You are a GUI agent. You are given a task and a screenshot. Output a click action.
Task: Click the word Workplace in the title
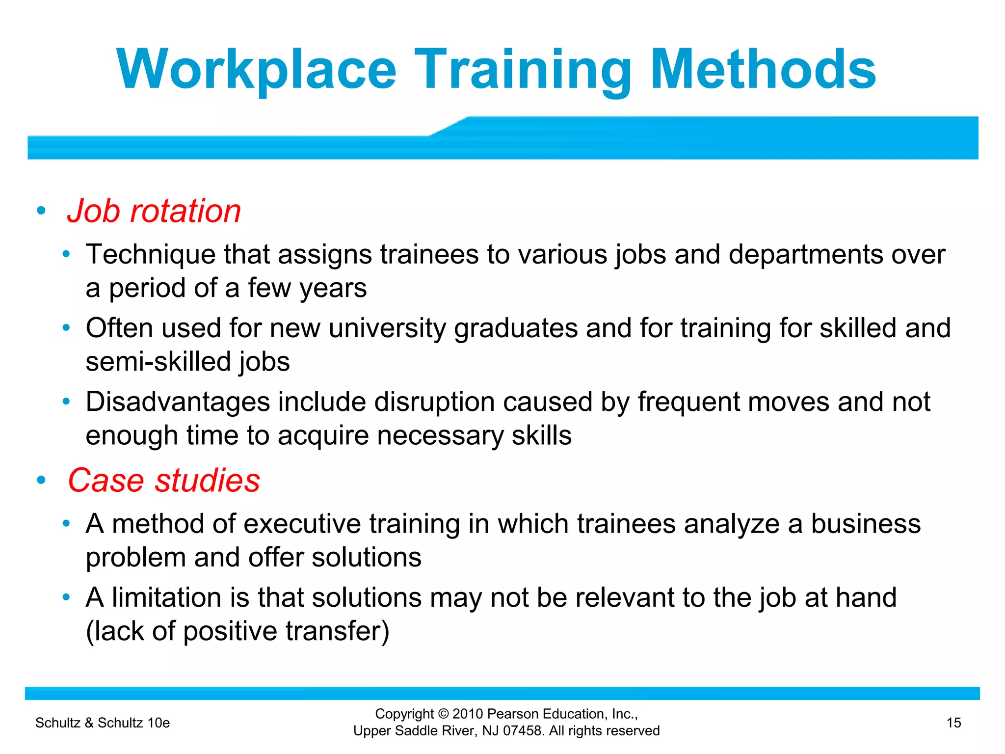click(256, 70)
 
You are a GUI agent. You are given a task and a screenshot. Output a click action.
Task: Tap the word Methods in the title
click(764, 70)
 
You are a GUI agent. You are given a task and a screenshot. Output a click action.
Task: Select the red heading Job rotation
click(154, 211)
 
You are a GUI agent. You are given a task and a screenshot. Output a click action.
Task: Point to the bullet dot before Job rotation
click(41, 211)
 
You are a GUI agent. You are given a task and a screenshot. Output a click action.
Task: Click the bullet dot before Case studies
click(41, 480)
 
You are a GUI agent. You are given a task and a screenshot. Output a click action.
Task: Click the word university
click(387, 328)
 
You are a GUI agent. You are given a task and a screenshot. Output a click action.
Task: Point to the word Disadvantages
click(178, 402)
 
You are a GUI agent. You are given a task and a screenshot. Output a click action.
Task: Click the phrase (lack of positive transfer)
click(238, 631)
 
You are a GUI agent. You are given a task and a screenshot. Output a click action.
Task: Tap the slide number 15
click(953, 723)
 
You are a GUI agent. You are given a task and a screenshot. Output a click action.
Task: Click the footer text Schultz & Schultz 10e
click(103, 723)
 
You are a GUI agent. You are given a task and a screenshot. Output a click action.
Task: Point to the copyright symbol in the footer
click(443, 714)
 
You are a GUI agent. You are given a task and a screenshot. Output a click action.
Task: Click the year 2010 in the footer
click(468, 714)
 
